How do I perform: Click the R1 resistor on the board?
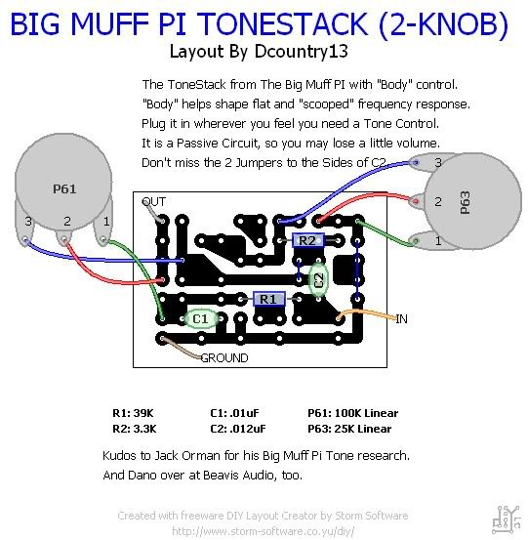pyautogui.click(x=268, y=299)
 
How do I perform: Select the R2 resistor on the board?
pyautogui.click(x=308, y=240)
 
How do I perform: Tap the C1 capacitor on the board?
pyautogui.click(x=201, y=318)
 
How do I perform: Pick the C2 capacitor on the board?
pyautogui.click(x=318, y=280)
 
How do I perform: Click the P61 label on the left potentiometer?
pyautogui.click(x=64, y=188)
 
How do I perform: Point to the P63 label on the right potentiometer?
pyautogui.click(x=465, y=202)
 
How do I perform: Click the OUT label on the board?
pyautogui.click(x=154, y=201)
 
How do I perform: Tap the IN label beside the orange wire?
pyautogui.click(x=401, y=319)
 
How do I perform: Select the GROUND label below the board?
pyautogui.click(x=224, y=358)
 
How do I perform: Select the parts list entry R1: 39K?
pyautogui.click(x=133, y=413)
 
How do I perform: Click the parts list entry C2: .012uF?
pyautogui.click(x=238, y=429)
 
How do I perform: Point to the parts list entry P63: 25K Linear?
pyautogui.click(x=349, y=429)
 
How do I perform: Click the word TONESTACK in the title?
pyautogui.click(x=284, y=23)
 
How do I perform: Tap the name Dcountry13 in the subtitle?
pyautogui.click(x=302, y=52)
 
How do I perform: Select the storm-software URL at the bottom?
pyautogui.click(x=263, y=531)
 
